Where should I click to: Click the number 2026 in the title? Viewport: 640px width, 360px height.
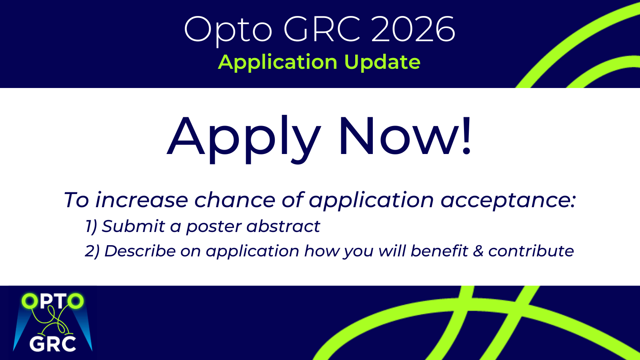pyautogui.click(x=413, y=29)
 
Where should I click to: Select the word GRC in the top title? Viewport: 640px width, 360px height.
pyautogui.click(x=322, y=29)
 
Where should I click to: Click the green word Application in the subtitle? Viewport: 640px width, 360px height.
pyautogui.click(x=278, y=62)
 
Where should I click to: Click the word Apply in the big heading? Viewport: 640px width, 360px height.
pyautogui.click(x=244, y=140)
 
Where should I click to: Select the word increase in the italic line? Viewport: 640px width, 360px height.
pyautogui.click(x=142, y=200)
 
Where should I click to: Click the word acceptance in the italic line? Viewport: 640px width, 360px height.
pyautogui.click(x=508, y=201)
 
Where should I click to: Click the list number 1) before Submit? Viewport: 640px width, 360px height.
pyautogui.click(x=92, y=227)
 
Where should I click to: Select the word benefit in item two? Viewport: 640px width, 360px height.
pyautogui.click(x=439, y=250)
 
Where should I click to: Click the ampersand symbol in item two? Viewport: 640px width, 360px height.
pyautogui.click(x=478, y=251)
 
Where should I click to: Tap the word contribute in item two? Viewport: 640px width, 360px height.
pyautogui.click(x=531, y=251)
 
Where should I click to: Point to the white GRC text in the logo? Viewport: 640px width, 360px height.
pyautogui.click(x=52, y=344)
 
